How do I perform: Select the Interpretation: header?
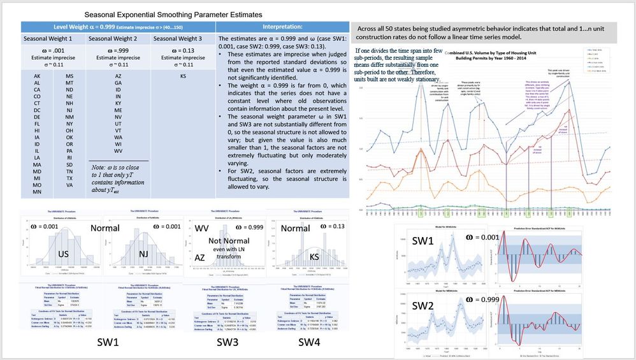pos(282,27)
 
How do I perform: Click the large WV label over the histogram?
pos(201,228)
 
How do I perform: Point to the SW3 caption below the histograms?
pos(228,343)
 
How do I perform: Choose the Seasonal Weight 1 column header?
pos(53,39)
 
